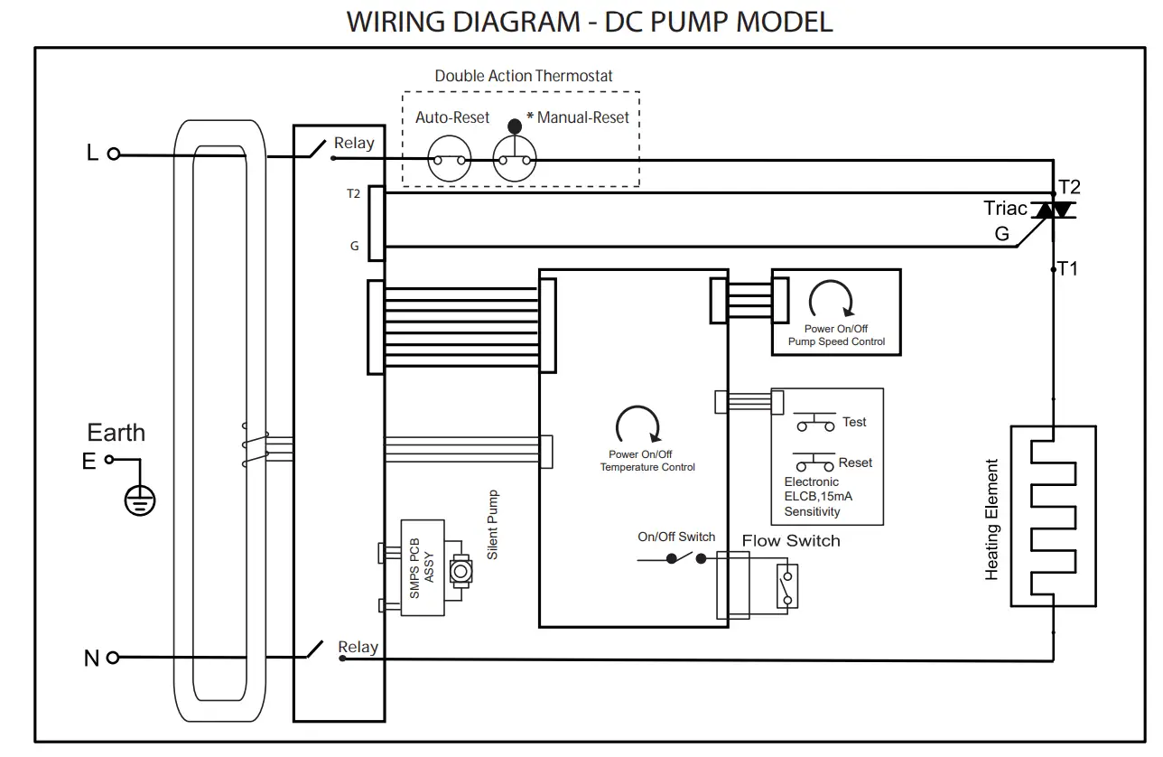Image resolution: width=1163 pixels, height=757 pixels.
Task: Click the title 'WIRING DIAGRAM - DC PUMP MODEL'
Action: pos(589,22)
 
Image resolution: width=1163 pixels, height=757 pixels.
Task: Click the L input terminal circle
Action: pos(114,154)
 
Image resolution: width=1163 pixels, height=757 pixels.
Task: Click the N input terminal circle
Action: pos(114,659)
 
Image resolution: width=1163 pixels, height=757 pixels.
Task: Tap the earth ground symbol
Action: pos(139,499)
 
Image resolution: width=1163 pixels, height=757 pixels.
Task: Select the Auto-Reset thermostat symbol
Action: pos(450,161)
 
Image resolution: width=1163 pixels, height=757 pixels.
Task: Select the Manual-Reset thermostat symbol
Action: pos(515,161)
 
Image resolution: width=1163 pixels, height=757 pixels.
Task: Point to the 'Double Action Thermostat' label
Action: pos(524,76)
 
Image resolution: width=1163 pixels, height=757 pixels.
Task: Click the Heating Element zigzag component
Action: pos(1053,516)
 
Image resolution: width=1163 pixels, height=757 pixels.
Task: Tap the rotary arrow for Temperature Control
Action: pos(637,425)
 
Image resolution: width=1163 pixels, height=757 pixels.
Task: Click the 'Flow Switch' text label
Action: pos(791,541)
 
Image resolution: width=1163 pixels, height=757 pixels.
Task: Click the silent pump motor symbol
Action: pos(461,571)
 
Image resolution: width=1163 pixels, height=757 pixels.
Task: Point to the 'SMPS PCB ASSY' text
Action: pos(422,567)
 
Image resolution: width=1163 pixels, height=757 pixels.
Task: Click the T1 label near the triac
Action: pos(1068,268)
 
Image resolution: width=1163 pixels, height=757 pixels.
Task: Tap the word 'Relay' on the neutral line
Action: pos(358,647)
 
